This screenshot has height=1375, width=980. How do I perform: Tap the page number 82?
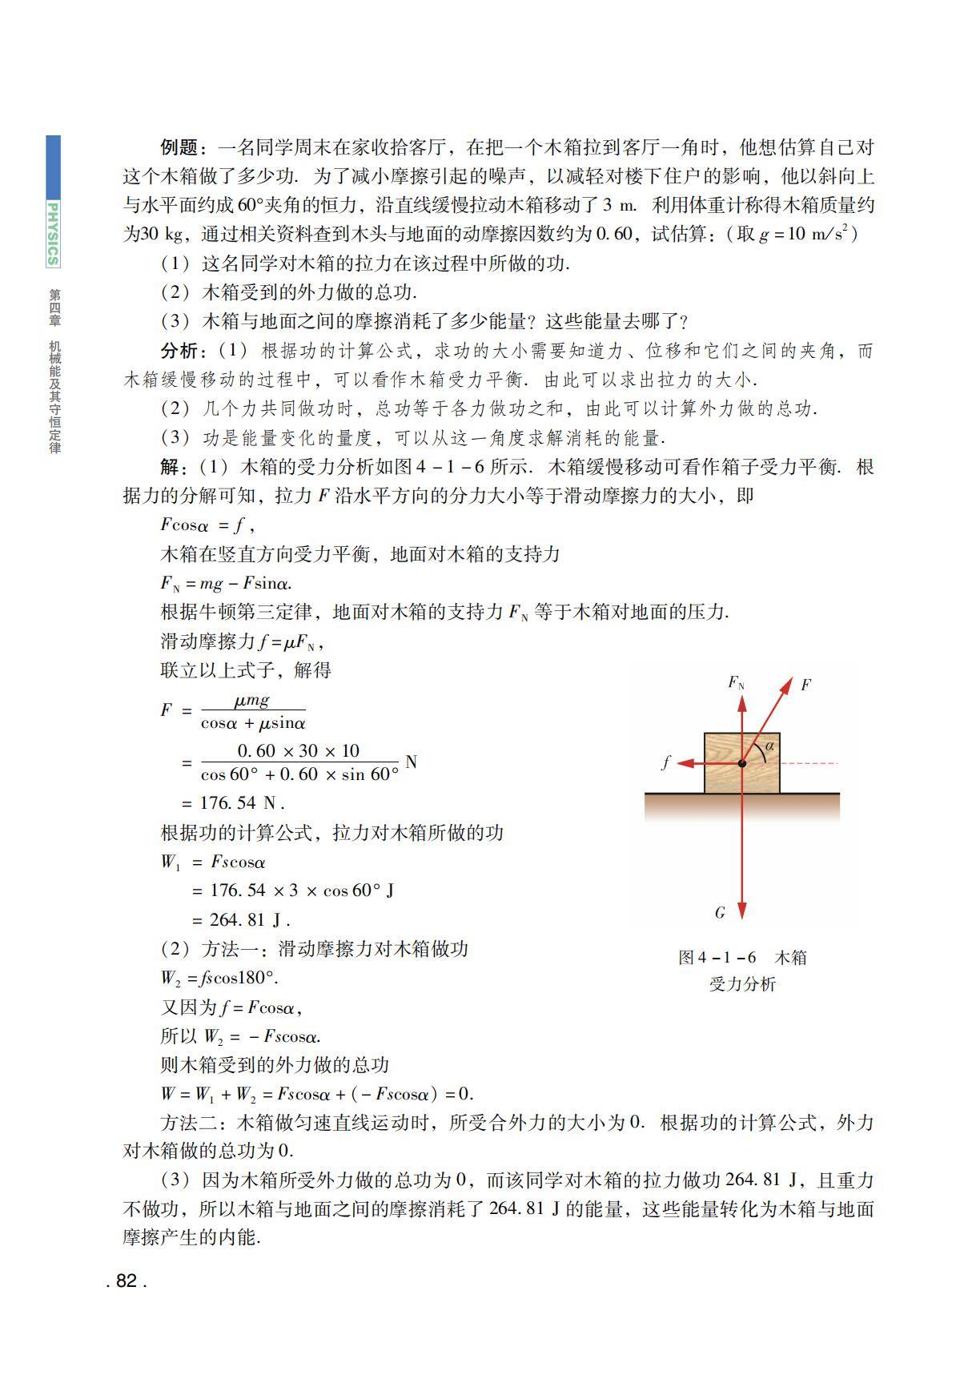click(x=127, y=1281)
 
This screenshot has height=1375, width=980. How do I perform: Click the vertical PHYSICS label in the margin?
click(x=53, y=233)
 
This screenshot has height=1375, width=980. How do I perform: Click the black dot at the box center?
click(x=742, y=764)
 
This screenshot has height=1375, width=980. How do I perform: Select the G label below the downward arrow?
click(x=720, y=912)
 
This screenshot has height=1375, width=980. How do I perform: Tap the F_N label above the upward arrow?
click(x=736, y=682)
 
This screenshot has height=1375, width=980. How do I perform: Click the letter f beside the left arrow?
click(x=665, y=763)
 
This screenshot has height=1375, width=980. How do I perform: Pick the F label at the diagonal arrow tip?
click(x=805, y=685)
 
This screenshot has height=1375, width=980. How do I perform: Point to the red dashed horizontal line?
click(x=809, y=764)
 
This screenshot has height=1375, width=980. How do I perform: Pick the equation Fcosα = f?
click(x=207, y=525)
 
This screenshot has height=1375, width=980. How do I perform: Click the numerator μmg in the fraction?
click(x=252, y=701)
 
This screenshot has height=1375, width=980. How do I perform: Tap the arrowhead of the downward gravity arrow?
click(x=742, y=911)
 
